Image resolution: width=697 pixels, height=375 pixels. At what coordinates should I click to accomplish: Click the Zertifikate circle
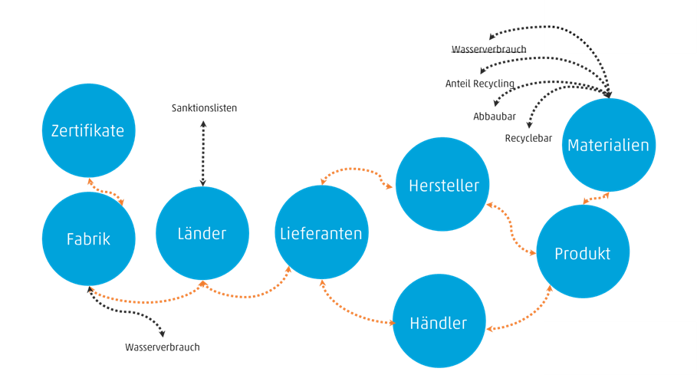click(x=88, y=130)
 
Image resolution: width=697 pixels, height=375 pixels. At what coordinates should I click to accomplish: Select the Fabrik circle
click(x=88, y=239)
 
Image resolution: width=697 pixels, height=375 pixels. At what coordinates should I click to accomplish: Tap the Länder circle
click(x=202, y=233)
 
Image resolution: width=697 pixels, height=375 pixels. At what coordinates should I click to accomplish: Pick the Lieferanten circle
click(x=321, y=232)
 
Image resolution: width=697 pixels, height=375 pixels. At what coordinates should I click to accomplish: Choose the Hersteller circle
click(x=443, y=185)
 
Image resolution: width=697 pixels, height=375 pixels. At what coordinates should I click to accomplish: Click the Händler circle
click(x=439, y=323)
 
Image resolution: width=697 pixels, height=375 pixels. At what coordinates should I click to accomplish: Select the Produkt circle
click(x=583, y=252)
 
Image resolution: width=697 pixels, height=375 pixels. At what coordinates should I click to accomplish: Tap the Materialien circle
click(x=608, y=145)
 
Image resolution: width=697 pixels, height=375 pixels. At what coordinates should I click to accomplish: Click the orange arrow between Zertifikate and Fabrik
click(x=107, y=191)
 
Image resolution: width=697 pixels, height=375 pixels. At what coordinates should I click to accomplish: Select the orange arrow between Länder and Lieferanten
click(x=247, y=292)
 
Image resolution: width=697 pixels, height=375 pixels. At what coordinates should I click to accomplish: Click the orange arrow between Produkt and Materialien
click(x=597, y=199)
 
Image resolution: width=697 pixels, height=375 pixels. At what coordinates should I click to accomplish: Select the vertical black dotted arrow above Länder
click(x=203, y=153)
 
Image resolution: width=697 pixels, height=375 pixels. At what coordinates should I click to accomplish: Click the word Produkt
click(x=583, y=253)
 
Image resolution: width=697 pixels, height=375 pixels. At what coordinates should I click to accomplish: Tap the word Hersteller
click(x=443, y=186)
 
